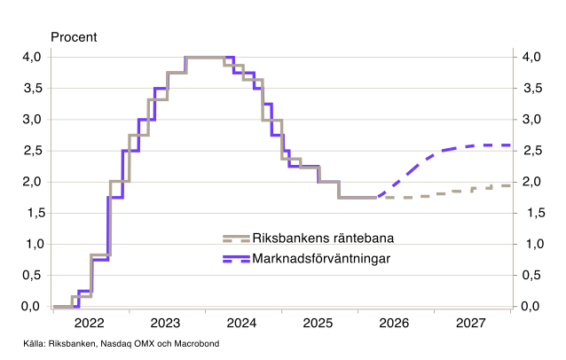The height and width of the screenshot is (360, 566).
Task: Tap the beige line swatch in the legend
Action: click(x=236, y=238)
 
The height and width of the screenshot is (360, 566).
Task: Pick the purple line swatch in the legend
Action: click(x=236, y=259)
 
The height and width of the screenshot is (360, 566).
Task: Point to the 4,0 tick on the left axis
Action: click(x=30, y=57)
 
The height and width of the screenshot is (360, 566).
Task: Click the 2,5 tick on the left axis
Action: click(x=30, y=150)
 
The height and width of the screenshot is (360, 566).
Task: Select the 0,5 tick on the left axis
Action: click(x=30, y=275)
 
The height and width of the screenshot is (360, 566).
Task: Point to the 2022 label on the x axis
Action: click(x=90, y=323)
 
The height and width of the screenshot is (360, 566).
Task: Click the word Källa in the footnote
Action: click(x=34, y=343)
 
